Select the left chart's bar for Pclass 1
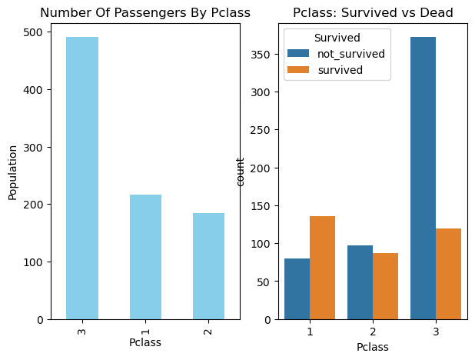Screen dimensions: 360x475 tap(145, 257)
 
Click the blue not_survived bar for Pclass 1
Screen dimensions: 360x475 tap(297, 288)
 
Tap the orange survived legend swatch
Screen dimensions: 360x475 tap(299, 70)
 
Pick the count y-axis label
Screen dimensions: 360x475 tap(241, 171)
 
